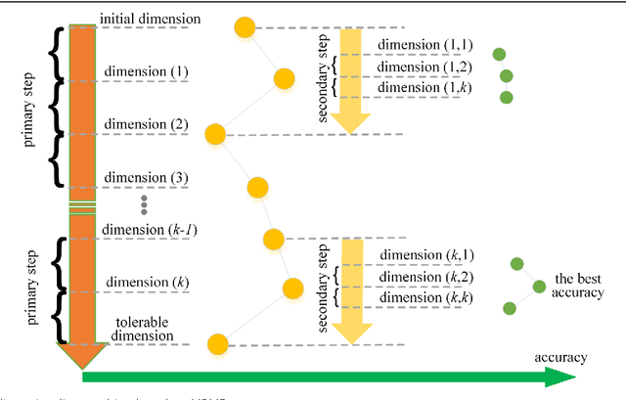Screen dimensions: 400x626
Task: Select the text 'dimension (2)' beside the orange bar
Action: (146, 124)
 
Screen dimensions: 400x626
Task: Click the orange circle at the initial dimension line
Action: (246, 26)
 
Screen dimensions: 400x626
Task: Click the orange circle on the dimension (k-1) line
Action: (273, 239)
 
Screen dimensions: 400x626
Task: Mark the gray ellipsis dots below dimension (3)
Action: (144, 204)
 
